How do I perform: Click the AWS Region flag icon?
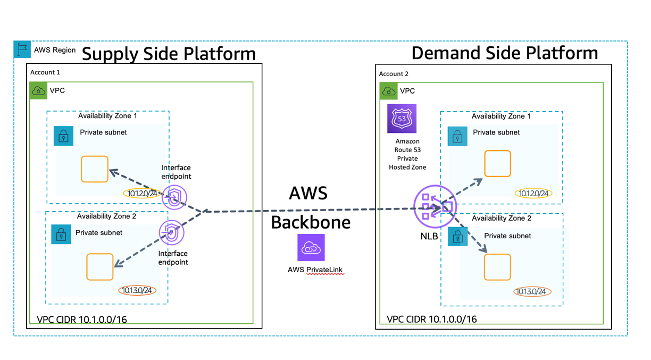click(22, 49)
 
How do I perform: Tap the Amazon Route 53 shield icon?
click(402, 119)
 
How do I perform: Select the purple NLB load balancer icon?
click(435, 206)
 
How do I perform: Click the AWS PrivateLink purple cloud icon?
click(311, 247)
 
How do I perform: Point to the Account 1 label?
click(45, 72)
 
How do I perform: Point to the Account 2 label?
click(394, 74)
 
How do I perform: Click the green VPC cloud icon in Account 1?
click(38, 91)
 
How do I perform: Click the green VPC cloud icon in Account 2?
click(389, 91)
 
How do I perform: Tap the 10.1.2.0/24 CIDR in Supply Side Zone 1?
click(143, 194)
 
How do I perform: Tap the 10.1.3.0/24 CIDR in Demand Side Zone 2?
click(532, 291)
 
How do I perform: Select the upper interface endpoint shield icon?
click(174, 198)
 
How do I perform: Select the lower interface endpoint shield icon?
click(171, 232)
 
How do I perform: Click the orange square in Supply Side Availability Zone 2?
click(99, 267)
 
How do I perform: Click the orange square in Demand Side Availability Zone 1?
click(497, 164)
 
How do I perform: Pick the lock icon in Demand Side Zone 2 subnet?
click(457, 237)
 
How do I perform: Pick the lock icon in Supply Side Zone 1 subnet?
click(64, 136)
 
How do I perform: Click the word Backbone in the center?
click(311, 222)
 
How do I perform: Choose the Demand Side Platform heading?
click(504, 53)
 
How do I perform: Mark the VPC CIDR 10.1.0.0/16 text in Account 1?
click(82, 320)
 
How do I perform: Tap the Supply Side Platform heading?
click(169, 54)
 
